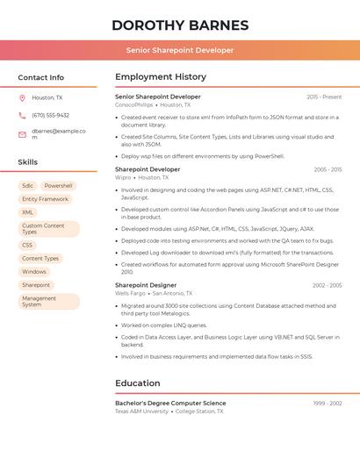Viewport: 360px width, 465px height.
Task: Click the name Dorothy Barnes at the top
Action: pyautogui.click(x=180, y=25)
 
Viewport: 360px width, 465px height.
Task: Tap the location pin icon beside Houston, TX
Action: pyautogui.click(x=22, y=98)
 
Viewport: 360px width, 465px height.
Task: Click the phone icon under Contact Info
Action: pyautogui.click(x=22, y=115)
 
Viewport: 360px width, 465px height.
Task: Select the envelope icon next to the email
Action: pyautogui.click(x=22, y=134)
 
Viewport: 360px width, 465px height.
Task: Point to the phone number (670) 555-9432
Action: pyautogui.click(x=50, y=115)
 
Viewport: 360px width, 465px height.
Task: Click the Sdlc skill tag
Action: pyautogui.click(x=28, y=186)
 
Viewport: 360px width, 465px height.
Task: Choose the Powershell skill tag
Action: pyautogui.click(x=59, y=186)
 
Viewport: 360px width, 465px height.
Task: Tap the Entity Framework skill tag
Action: pyautogui.click(x=45, y=199)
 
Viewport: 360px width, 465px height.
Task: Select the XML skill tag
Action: pyautogui.click(x=28, y=212)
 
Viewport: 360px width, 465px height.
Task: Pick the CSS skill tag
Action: pyautogui.click(x=27, y=245)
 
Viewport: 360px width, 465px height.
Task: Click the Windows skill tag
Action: pyautogui.click(x=34, y=272)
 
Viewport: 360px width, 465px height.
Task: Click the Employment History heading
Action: pyautogui.click(x=161, y=77)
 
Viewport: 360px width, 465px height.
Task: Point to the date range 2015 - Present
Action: pyautogui.click(x=324, y=97)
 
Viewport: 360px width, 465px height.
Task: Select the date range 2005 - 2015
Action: pyautogui.click(x=327, y=169)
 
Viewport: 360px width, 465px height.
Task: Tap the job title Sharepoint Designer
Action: pyautogui.click(x=146, y=285)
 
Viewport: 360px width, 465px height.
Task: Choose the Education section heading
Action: pyautogui.click(x=138, y=383)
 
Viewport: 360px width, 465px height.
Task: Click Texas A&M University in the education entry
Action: pyautogui.click(x=141, y=411)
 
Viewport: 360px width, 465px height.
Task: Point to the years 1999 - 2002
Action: pyautogui.click(x=327, y=403)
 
